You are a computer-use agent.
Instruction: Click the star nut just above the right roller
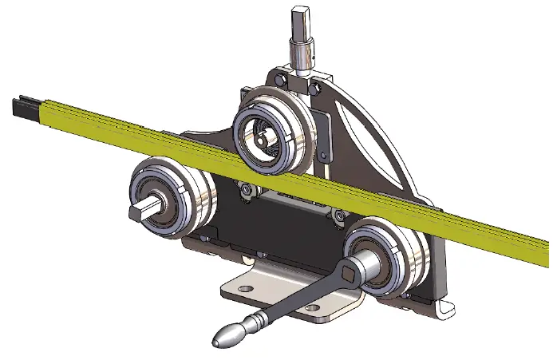[x=338, y=214]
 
